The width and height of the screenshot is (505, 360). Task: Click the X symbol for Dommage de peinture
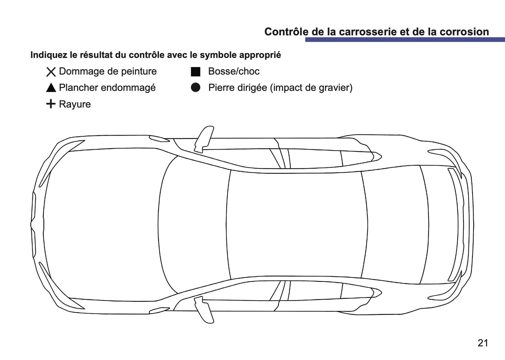(51, 72)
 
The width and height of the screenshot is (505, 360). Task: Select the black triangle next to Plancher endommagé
(51, 88)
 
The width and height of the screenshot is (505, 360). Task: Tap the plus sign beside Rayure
(51, 104)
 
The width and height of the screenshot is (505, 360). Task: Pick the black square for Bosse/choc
(196, 72)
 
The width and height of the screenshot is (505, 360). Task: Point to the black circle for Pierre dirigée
(196, 87)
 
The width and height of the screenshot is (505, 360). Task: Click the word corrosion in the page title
(464, 32)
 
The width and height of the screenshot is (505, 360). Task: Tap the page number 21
(483, 343)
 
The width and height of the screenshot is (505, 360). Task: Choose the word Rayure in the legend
(75, 104)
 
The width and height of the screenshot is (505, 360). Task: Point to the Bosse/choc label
(234, 71)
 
